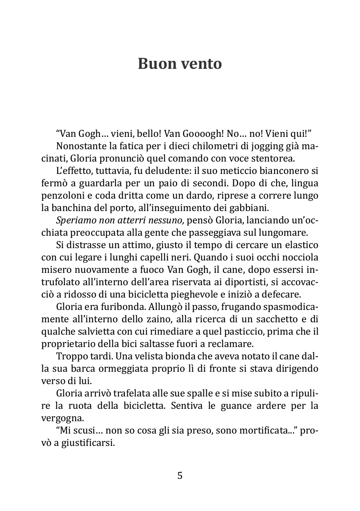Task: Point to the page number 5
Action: tap(180, 476)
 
